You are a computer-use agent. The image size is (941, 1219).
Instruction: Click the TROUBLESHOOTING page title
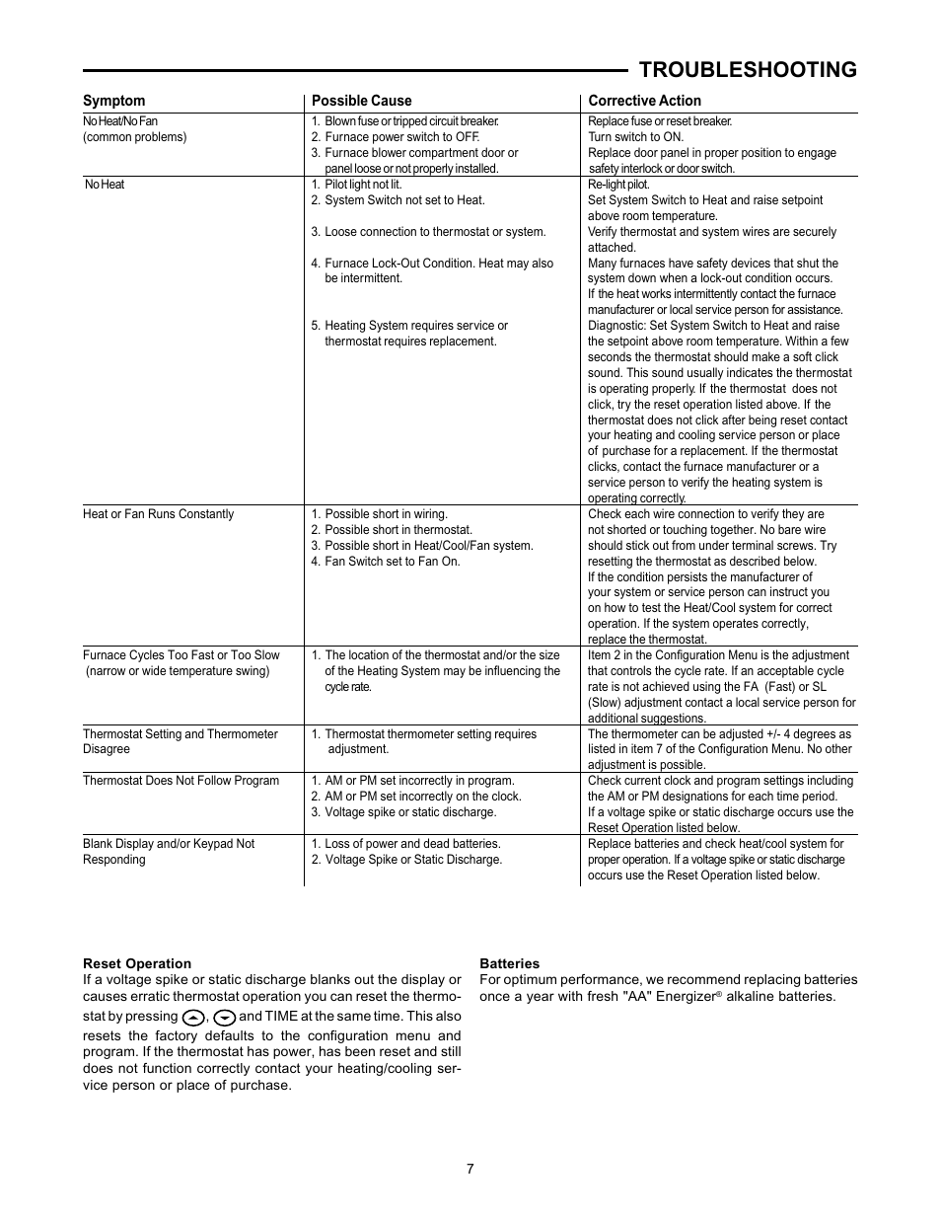[x=747, y=69]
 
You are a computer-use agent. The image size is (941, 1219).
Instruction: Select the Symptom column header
[x=113, y=101]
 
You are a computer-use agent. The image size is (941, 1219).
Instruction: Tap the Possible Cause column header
[x=361, y=101]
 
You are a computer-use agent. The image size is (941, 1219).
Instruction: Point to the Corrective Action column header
[x=644, y=101]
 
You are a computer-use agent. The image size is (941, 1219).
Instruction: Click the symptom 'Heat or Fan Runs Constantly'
[x=158, y=514]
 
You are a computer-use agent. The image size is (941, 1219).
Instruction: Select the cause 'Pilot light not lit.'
[x=362, y=185]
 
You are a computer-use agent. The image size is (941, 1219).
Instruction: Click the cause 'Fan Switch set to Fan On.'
[x=392, y=562]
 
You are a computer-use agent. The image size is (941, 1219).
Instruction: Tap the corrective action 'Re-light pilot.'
[x=618, y=185]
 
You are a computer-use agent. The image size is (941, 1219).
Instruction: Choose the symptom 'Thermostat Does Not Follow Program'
[x=181, y=781]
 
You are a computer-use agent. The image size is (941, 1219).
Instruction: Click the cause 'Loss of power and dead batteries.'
[x=411, y=844]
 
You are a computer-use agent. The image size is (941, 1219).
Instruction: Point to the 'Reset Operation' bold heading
[x=137, y=963]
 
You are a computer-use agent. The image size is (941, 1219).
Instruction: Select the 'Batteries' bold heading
[x=509, y=963]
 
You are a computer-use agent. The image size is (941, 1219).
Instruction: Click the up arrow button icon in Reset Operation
[x=193, y=1018]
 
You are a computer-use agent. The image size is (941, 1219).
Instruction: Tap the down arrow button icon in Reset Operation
[x=224, y=1018]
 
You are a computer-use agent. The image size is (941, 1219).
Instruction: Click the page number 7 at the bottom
[x=470, y=1169]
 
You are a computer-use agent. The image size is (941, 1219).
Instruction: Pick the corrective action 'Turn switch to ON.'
[x=635, y=137]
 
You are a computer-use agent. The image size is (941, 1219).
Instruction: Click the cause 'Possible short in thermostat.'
[x=398, y=530]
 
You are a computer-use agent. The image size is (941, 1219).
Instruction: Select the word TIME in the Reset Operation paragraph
[x=282, y=1016]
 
